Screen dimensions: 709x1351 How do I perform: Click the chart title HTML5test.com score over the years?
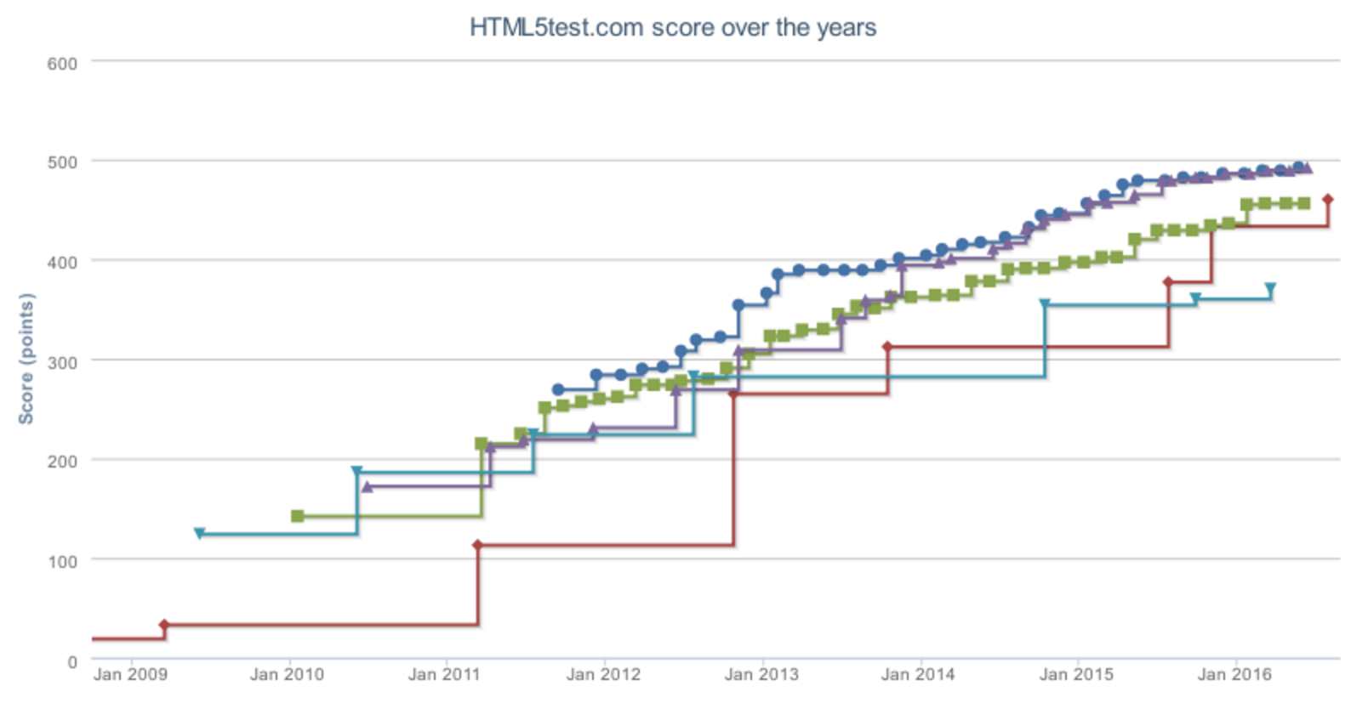pyautogui.click(x=672, y=27)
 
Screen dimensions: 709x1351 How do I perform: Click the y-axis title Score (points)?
pyautogui.click(x=26, y=359)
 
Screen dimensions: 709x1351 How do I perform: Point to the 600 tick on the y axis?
pyautogui.click(x=62, y=63)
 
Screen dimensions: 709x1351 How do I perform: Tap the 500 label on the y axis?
pyautogui.click(x=62, y=162)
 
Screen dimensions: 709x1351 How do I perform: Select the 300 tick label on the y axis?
pyautogui.click(x=62, y=362)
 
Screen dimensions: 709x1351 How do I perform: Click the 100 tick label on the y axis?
pyautogui.click(x=62, y=562)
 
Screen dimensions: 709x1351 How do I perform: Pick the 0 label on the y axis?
pyautogui.click(x=71, y=661)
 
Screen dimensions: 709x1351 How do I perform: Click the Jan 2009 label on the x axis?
pyautogui.click(x=130, y=675)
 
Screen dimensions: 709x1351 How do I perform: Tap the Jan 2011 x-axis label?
pyautogui.click(x=444, y=675)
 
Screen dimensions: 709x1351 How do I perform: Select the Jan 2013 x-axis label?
pyautogui.click(x=761, y=675)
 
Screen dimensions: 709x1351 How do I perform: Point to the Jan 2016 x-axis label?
pyautogui.click(x=1234, y=675)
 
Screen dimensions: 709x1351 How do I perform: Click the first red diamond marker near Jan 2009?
pyautogui.click(x=164, y=625)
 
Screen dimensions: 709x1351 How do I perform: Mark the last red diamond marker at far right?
pyautogui.click(x=1327, y=200)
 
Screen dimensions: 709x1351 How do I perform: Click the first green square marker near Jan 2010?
pyautogui.click(x=298, y=516)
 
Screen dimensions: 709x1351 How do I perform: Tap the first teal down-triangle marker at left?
pyautogui.click(x=199, y=534)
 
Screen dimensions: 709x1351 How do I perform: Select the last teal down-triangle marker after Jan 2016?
pyautogui.click(x=1270, y=288)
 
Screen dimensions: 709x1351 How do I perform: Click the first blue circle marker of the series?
pyautogui.click(x=558, y=389)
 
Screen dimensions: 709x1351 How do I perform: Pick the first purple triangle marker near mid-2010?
pyautogui.click(x=367, y=486)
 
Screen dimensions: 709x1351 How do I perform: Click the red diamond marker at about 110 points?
pyautogui.click(x=478, y=545)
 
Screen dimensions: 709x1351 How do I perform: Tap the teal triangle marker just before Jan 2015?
pyautogui.click(x=1045, y=303)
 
